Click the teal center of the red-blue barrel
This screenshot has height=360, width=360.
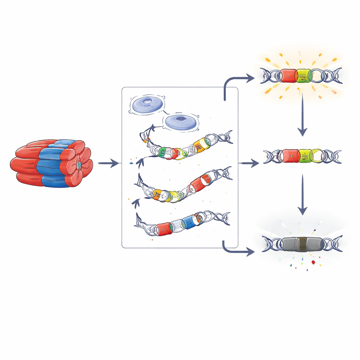[x=79, y=164]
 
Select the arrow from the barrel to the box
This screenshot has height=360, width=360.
[x=108, y=163]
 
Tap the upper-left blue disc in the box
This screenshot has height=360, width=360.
[x=146, y=105]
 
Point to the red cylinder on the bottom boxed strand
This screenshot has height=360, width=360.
[x=164, y=229]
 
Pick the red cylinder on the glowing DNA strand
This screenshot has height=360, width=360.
[x=288, y=76]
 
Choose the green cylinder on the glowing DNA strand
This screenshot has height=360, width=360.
[x=303, y=76]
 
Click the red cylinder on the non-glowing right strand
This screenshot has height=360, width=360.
[x=290, y=156]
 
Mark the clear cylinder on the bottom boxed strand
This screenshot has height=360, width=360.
[x=178, y=225]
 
